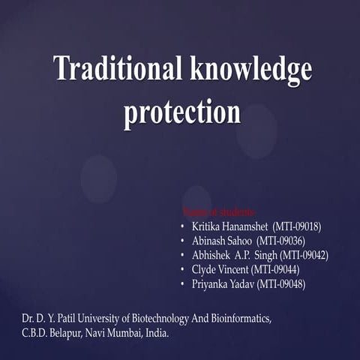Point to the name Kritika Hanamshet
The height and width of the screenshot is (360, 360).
point(223,226)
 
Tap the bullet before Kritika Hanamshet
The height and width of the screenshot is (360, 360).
point(183,226)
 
